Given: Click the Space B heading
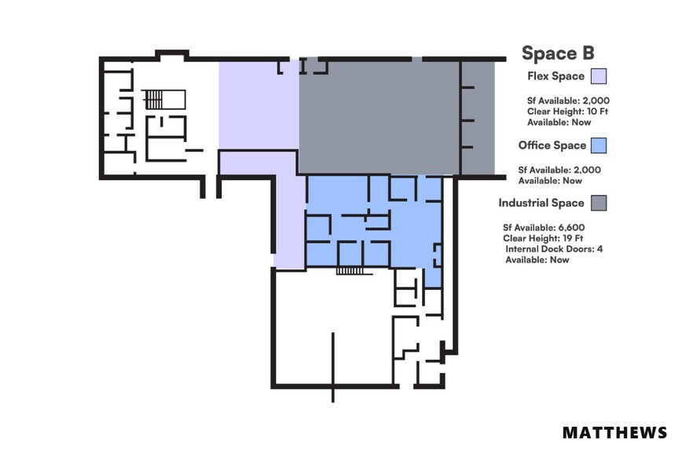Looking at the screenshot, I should (558, 53).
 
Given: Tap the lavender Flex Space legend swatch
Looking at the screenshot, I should (599, 76).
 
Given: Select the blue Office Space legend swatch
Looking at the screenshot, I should (599, 145).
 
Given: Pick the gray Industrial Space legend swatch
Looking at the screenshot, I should (599, 203).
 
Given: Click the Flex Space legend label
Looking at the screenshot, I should (556, 76).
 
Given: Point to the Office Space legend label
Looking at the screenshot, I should (552, 145).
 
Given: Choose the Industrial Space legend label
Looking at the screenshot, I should (541, 203).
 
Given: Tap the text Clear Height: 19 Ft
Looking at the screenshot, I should (541, 238).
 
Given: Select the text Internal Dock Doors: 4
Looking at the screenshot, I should (554, 249).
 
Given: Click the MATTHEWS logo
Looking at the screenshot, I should (614, 433).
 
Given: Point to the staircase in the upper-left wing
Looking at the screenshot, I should (154, 99).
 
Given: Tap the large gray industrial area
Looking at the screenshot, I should (377, 118).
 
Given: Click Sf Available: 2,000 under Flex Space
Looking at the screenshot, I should (568, 101).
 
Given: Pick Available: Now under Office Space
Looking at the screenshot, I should (550, 181).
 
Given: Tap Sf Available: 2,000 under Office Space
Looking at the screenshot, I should (559, 170).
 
